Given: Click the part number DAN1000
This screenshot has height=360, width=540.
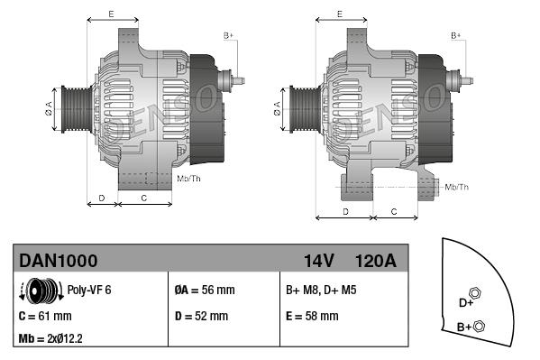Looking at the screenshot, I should (59, 262).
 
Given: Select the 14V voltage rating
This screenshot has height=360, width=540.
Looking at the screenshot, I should (318, 262).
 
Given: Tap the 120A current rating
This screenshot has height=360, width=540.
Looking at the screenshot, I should (375, 262).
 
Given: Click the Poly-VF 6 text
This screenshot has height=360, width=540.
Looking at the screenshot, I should (89, 291).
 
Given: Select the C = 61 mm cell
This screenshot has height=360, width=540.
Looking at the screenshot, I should (45, 317).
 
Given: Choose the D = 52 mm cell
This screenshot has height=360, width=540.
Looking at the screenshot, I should (201, 317).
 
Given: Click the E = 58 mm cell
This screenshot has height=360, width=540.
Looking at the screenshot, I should (312, 317).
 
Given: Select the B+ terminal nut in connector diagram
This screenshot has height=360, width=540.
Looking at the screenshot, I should (479, 327).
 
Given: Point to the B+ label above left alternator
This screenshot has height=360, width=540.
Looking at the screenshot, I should (228, 35).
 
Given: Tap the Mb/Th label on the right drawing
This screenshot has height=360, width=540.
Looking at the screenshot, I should (457, 187).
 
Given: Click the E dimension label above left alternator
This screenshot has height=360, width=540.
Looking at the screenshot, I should (111, 14).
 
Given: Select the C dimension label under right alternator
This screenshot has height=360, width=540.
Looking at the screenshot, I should (394, 211).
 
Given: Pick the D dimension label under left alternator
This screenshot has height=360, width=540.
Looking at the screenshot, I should (102, 197).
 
